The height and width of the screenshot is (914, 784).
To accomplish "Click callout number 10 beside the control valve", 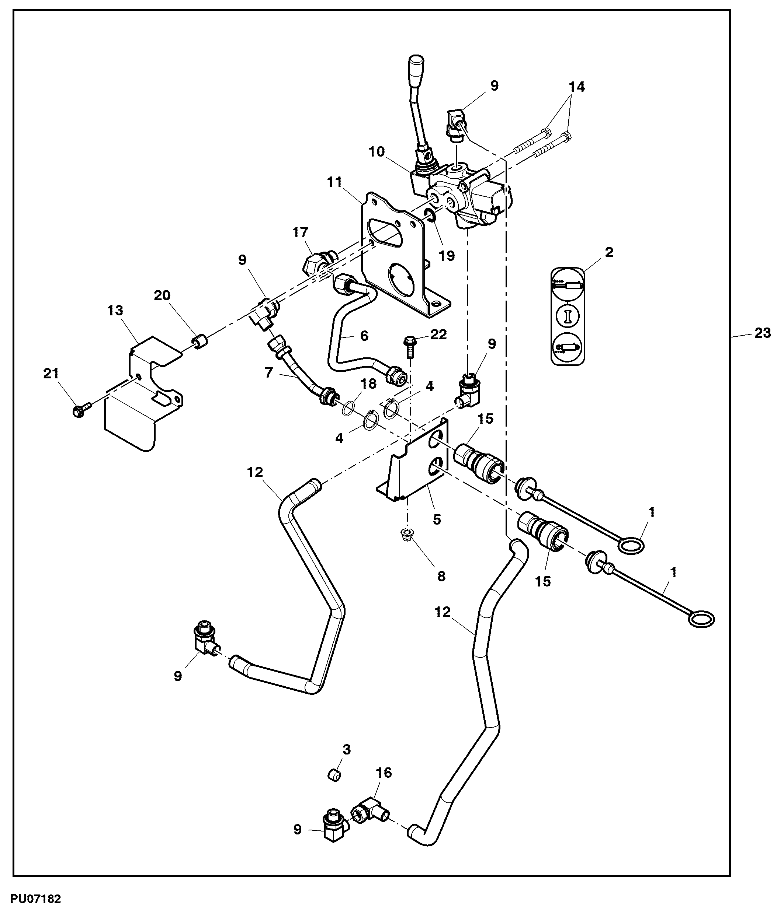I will click(x=377, y=152).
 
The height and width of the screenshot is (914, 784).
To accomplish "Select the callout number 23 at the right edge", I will click(x=762, y=333).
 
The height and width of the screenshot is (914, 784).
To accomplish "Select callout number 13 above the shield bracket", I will click(x=115, y=310).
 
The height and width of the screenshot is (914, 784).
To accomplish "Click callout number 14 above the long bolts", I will click(x=576, y=87).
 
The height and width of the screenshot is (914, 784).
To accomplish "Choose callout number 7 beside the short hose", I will click(x=269, y=372).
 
